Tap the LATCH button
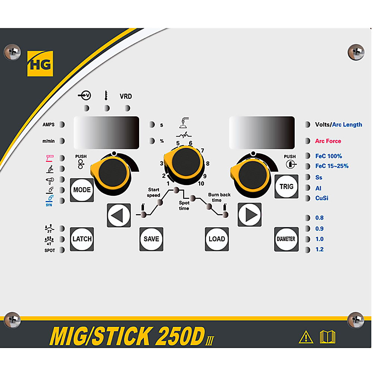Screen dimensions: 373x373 (82, 239)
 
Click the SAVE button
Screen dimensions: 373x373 (151, 239)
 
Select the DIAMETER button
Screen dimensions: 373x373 (286, 239)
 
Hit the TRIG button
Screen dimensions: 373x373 (286, 186)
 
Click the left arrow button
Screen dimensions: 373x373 (119, 215)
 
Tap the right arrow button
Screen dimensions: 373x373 (250, 215)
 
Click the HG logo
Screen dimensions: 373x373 (40, 64)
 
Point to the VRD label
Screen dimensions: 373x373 (126, 96)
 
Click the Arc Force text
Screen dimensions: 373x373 (328, 141)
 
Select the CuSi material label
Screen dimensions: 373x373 (322, 198)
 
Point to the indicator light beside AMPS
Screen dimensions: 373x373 (62, 125)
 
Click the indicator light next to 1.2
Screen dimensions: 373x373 (308, 250)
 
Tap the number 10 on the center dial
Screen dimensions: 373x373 (201, 184)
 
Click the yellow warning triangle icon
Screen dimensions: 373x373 (306, 337)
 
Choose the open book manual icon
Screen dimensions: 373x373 (327, 336)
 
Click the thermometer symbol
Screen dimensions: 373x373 (106, 95)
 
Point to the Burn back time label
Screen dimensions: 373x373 (219, 197)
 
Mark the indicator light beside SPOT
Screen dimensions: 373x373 (62, 250)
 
